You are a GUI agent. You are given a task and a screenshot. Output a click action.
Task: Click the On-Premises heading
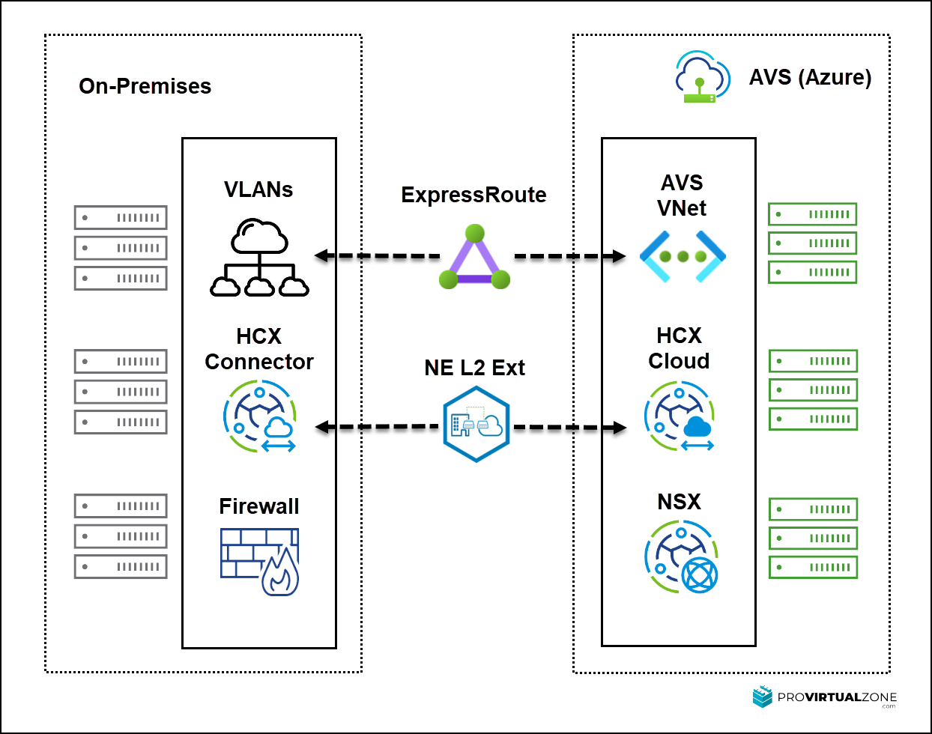coord(145,85)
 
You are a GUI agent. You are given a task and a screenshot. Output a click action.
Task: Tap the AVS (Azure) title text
coord(811,77)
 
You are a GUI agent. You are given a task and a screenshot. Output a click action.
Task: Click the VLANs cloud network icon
coord(259,257)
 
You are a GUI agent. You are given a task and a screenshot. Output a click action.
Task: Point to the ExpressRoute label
coord(473,195)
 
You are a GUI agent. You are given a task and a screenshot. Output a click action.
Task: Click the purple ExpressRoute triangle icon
coord(475,257)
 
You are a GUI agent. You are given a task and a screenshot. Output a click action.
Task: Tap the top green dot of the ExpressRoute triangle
coord(475,234)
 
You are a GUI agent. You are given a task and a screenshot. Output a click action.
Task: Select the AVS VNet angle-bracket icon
coord(683,257)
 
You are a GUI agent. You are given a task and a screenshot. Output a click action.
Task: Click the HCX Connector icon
coord(260,416)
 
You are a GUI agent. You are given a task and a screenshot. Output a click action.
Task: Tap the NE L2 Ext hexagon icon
coord(476,425)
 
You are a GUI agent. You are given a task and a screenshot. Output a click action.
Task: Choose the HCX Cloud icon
coord(679,416)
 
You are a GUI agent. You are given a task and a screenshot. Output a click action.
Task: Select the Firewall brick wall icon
coord(259,562)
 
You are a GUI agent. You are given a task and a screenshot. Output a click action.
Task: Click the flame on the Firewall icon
coord(280,572)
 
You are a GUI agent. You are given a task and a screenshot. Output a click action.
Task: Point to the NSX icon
coord(681,556)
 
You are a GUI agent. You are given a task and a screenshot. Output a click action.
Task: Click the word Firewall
coord(259,506)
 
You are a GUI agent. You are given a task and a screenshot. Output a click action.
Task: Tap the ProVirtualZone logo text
coord(837,697)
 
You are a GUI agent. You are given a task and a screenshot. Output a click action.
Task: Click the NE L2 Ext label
coord(475,368)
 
